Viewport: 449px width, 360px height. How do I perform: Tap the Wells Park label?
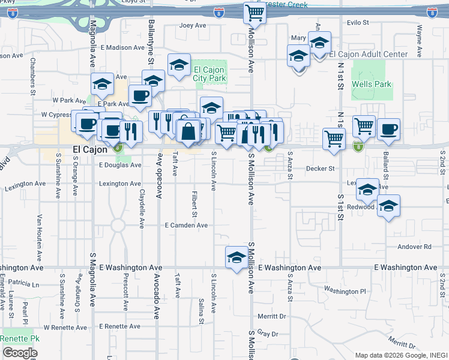click(x=372, y=84)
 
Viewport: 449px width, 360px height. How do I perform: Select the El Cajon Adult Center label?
click(x=369, y=55)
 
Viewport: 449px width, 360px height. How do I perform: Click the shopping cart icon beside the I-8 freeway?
click(x=255, y=14)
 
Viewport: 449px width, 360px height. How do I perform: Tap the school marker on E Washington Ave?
click(x=236, y=257)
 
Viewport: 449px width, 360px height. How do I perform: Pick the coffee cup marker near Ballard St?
click(x=388, y=129)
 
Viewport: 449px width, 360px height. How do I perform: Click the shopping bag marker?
click(x=188, y=131)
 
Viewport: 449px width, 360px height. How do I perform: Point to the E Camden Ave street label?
click(x=186, y=226)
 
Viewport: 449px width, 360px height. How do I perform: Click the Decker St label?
click(x=320, y=169)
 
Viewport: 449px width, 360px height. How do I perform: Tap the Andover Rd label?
click(x=414, y=247)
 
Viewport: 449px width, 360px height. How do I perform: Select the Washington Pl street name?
click(x=345, y=291)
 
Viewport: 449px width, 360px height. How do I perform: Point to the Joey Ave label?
click(x=193, y=26)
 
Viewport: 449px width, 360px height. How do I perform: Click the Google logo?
click(x=20, y=353)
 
